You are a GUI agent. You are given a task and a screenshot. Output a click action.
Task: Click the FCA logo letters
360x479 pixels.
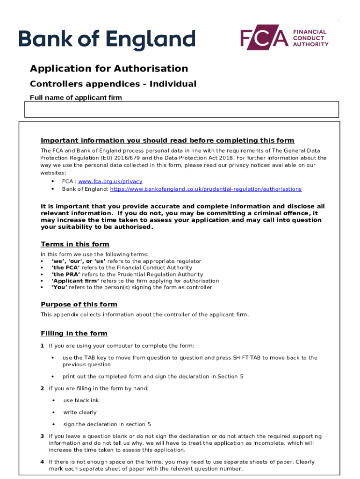coord(264,38)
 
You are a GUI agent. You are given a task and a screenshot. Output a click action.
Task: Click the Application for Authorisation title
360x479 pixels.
coord(109,69)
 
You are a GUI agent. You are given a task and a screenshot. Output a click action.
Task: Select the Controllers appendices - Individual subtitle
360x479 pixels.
coord(113,84)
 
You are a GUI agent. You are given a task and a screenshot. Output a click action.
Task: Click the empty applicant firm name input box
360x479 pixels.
coord(181,109)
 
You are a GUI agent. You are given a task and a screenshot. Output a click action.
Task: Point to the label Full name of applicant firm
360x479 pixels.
coord(76,98)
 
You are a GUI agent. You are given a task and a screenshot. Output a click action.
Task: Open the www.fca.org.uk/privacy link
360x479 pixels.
coord(110,181)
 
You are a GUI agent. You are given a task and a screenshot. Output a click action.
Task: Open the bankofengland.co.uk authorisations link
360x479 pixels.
coord(206,189)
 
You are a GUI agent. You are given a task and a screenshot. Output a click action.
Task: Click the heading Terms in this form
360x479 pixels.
coord(75,244)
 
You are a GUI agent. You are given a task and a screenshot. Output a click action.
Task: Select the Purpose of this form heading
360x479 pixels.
coord(79,304)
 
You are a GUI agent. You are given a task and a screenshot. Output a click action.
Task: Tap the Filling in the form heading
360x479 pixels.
coord(74,334)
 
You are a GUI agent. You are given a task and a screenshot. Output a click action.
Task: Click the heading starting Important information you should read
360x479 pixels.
coord(167,140)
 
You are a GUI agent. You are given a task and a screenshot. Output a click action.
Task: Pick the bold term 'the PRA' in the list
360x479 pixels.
coord(66,275)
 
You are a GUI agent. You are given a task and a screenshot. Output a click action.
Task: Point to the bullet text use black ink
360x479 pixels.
coord(81,400)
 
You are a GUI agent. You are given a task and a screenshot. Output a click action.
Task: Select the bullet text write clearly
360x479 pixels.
coord(80,413)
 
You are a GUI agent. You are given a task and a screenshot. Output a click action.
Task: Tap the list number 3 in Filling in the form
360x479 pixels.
coord(42,436)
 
